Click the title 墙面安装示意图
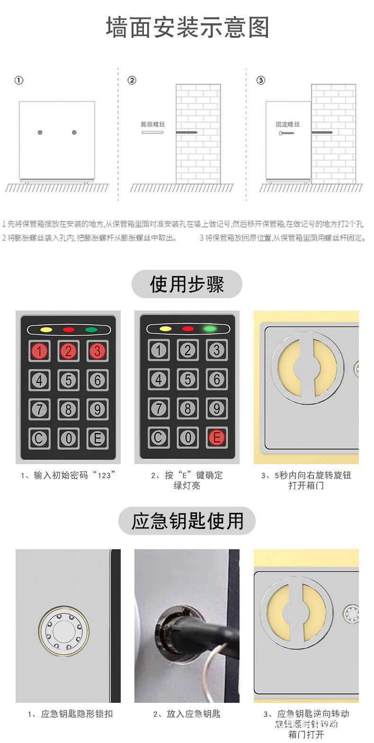point(187,28)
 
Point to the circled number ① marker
point(19,80)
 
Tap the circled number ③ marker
point(260,80)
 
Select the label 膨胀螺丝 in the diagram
point(153,124)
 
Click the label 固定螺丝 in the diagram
point(288,124)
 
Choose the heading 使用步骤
point(187,284)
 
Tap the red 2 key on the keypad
point(69,351)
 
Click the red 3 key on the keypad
point(98,351)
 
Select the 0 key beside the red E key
point(188,438)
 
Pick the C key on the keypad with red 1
point(39,438)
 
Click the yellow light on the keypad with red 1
point(46,329)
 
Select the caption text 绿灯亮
point(187,486)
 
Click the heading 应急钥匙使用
point(187,521)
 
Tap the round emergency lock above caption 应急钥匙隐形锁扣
point(64,631)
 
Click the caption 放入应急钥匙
point(187,714)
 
